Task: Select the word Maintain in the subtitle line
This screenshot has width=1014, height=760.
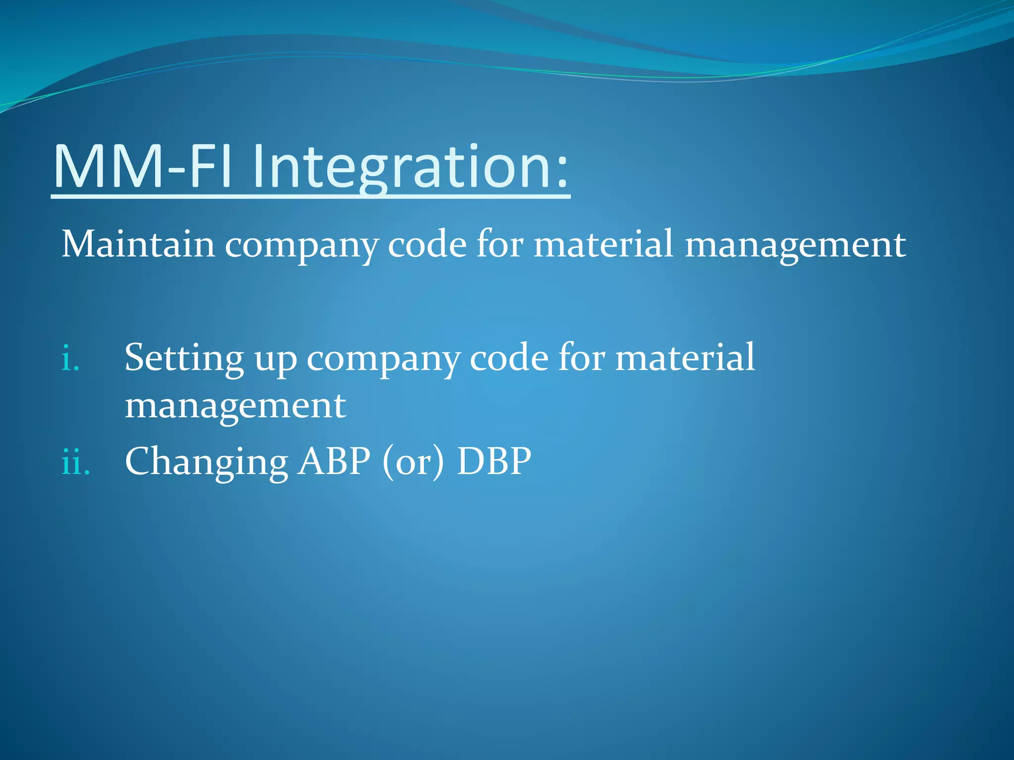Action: [x=138, y=244]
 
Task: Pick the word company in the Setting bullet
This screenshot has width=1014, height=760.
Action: [x=383, y=361]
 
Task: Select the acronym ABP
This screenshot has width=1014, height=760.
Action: [x=334, y=461]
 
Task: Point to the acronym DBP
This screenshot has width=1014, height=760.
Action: [x=494, y=461]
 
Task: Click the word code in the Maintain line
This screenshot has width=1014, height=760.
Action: [x=427, y=244]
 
